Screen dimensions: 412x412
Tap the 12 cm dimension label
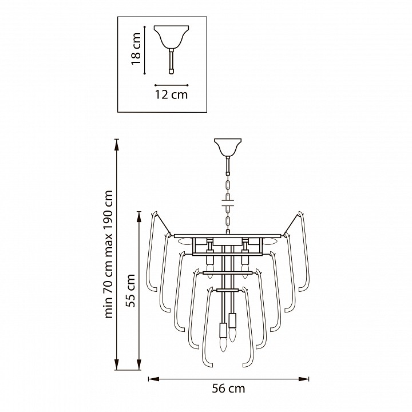[171, 94]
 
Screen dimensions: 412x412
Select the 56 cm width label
[228, 389]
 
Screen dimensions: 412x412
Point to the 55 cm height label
[130, 290]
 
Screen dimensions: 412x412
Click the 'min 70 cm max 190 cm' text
[109, 254]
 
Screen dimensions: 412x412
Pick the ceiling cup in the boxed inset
[171, 37]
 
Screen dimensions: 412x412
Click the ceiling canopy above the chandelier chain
[228, 147]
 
